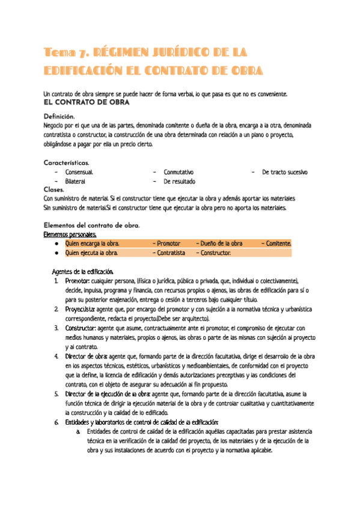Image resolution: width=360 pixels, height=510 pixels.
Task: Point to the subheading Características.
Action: [x=67, y=163]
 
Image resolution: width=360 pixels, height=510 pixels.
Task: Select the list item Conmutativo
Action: [x=178, y=173]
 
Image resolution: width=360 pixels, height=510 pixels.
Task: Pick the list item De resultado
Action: [x=179, y=181]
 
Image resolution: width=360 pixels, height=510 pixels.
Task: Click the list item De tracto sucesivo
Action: [x=285, y=173]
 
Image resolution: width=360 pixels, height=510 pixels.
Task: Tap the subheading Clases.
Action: [x=54, y=189]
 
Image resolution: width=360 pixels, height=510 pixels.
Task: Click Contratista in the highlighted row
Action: [x=171, y=253]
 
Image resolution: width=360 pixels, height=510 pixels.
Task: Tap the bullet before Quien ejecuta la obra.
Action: [x=56, y=253]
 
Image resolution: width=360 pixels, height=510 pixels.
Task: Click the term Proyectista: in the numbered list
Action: [x=81, y=309]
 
